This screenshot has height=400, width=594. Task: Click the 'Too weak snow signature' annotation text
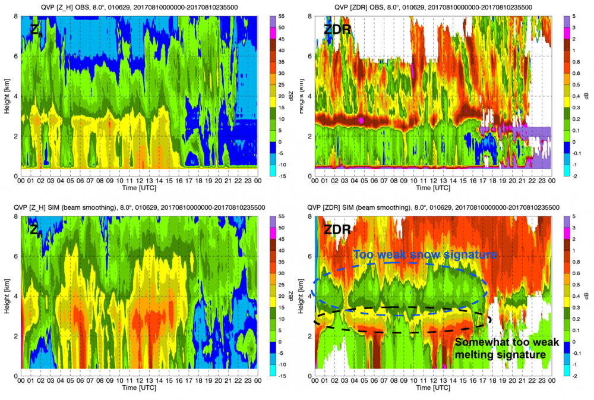[x=424, y=254]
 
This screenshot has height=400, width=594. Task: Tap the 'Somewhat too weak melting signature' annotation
[x=500, y=348]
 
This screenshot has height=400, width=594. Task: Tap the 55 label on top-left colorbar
[x=282, y=16]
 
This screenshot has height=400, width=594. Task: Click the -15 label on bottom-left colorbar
[x=283, y=375]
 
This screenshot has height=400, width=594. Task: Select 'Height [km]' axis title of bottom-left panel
[x=5, y=295]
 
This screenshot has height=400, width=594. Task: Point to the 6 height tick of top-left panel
[x=15, y=56]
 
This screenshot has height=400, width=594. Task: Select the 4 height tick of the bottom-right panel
[x=309, y=297]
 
